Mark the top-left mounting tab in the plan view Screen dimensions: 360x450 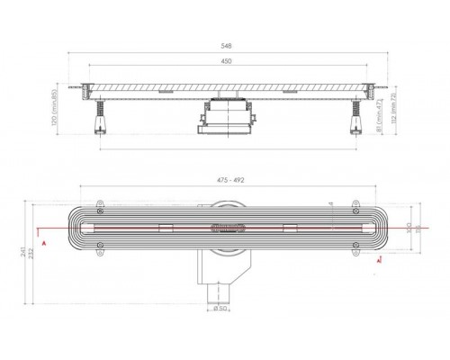click(100, 205)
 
